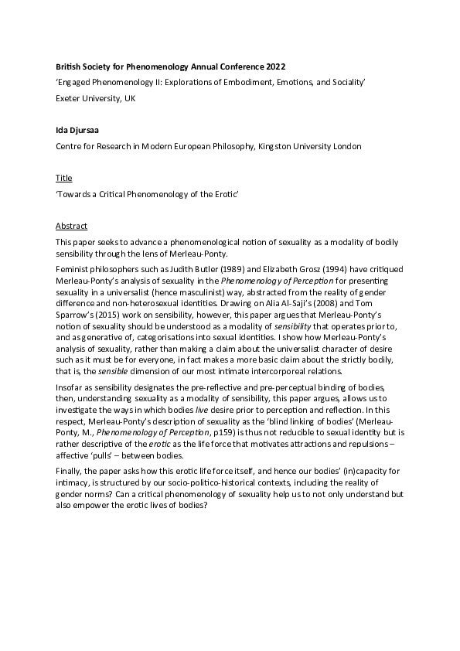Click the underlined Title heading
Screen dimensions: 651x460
(x=64, y=178)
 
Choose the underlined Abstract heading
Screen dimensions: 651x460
(x=72, y=226)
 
